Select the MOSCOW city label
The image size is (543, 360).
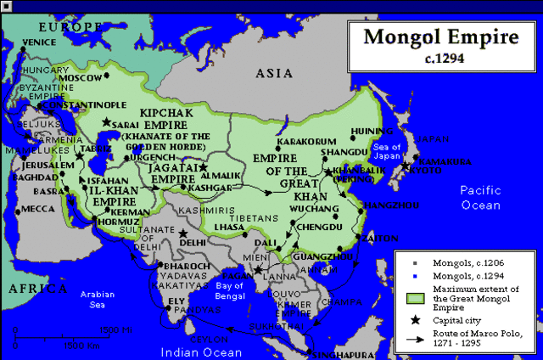tap(80, 77)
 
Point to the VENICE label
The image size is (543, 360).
tap(39, 42)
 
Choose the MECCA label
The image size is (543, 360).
tap(37, 208)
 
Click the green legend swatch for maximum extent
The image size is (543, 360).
tap(415, 297)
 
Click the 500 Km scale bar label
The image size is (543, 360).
tap(84, 346)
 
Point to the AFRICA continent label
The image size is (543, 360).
tap(37, 290)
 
